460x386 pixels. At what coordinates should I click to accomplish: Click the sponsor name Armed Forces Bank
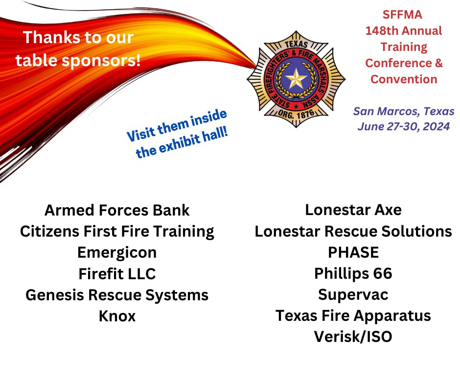(117, 210)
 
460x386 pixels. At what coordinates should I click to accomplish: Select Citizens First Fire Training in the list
(117, 232)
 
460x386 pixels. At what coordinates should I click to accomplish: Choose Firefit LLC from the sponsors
(117, 274)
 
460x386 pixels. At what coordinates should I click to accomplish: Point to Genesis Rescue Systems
(117, 295)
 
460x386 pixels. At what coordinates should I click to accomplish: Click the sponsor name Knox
(117, 316)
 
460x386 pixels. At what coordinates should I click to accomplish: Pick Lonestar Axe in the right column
(353, 210)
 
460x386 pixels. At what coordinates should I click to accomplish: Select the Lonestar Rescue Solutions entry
(353, 231)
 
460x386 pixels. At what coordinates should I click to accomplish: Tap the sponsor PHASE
(353, 252)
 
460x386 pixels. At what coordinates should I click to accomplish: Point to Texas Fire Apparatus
(353, 316)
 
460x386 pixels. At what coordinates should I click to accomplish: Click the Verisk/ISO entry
(353, 337)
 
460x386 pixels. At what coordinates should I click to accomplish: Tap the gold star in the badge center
(296, 79)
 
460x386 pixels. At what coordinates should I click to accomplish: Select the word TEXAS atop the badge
(296, 45)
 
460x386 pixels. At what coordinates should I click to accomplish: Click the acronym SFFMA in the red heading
(402, 15)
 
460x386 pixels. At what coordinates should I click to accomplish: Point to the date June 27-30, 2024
(404, 126)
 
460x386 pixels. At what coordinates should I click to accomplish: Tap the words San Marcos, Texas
(404, 111)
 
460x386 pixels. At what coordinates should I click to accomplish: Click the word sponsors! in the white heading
(101, 61)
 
